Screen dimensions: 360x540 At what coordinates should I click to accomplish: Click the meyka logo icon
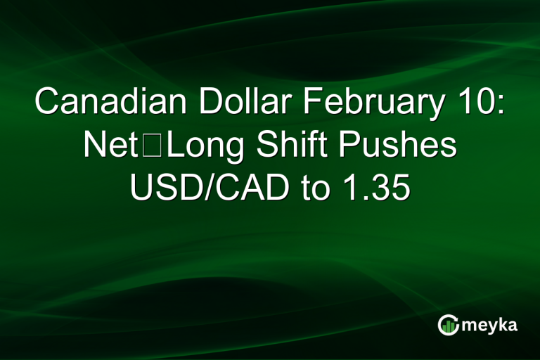click(x=449, y=325)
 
